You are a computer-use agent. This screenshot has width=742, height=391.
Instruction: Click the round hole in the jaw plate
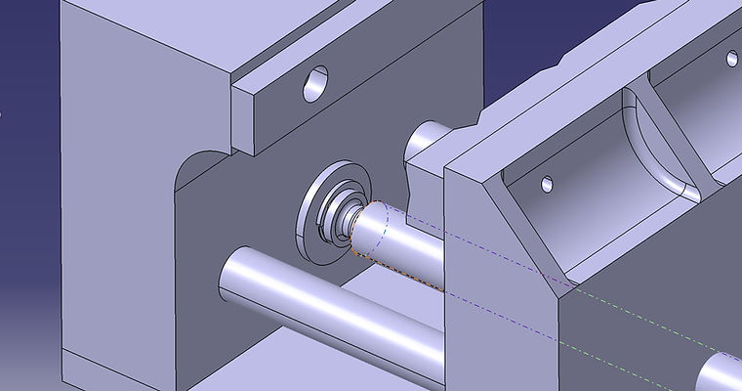(316, 85)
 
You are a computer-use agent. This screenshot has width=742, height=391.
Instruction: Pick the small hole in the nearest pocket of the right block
(548, 183)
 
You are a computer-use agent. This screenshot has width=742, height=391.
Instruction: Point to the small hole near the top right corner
(731, 59)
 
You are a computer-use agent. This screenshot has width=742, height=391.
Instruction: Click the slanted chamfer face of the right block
(517, 225)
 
